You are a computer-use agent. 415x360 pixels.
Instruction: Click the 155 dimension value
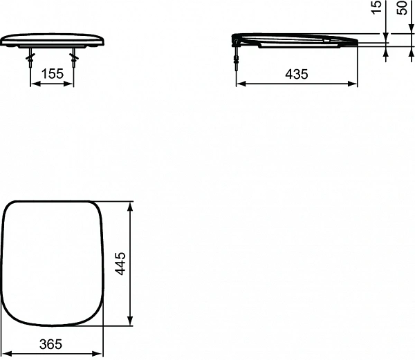(x=52, y=73)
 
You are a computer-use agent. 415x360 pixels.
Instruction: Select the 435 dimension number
(x=297, y=74)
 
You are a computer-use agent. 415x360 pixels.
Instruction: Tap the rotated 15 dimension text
(x=376, y=8)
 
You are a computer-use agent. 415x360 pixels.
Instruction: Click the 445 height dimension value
(x=120, y=263)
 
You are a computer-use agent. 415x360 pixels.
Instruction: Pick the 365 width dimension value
(x=52, y=343)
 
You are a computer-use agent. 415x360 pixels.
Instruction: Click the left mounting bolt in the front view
(x=30, y=57)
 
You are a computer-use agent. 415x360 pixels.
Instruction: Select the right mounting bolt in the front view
(x=73, y=57)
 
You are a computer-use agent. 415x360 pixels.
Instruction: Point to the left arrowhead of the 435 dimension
(x=240, y=85)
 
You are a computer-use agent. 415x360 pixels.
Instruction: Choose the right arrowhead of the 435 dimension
(x=355, y=85)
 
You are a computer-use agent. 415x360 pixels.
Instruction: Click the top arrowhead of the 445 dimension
(x=131, y=205)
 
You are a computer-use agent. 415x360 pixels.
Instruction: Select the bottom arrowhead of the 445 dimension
(x=131, y=321)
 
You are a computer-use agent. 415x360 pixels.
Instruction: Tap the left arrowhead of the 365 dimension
(x=6, y=354)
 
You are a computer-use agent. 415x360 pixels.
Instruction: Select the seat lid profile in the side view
(x=297, y=40)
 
